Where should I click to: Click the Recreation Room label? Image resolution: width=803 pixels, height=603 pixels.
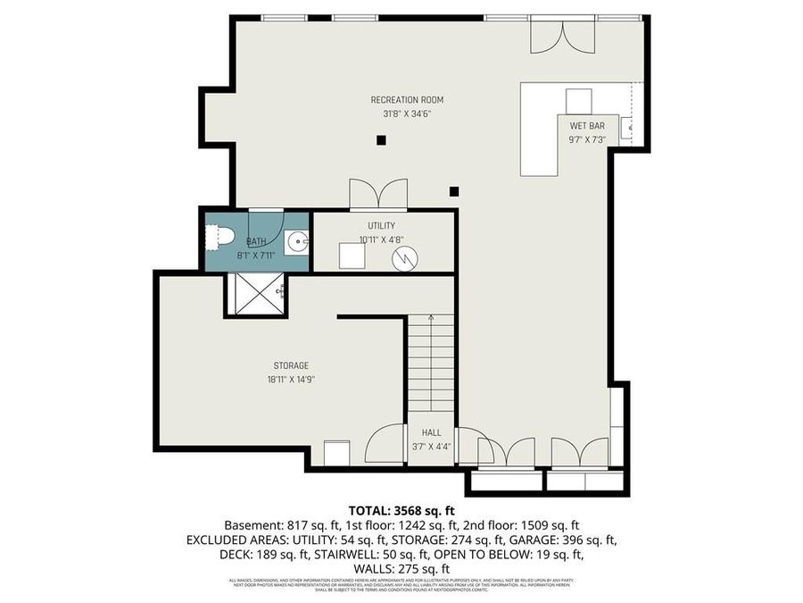click(x=407, y=100)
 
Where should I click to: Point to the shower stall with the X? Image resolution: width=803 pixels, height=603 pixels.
click(x=256, y=294)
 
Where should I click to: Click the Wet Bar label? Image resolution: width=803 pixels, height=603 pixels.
click(x=586, y=126)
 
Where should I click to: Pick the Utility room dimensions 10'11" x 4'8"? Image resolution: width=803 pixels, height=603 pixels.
click(x=381, y=239)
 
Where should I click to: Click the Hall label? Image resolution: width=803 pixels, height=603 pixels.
click(x=432, y=432)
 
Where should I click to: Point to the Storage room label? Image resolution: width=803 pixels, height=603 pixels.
click(x=291, y=365)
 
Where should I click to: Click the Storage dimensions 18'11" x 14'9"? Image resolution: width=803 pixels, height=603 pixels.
click(x=291, y=379)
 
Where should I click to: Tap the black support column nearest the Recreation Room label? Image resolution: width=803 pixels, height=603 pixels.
click(x=381, y=139)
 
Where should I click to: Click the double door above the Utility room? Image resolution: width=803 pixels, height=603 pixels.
click(x=378, y=195)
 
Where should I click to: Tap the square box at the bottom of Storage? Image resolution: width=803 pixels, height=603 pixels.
click(x=337, y=453)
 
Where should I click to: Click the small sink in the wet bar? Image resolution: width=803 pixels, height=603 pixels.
click(x=627, y=126)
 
